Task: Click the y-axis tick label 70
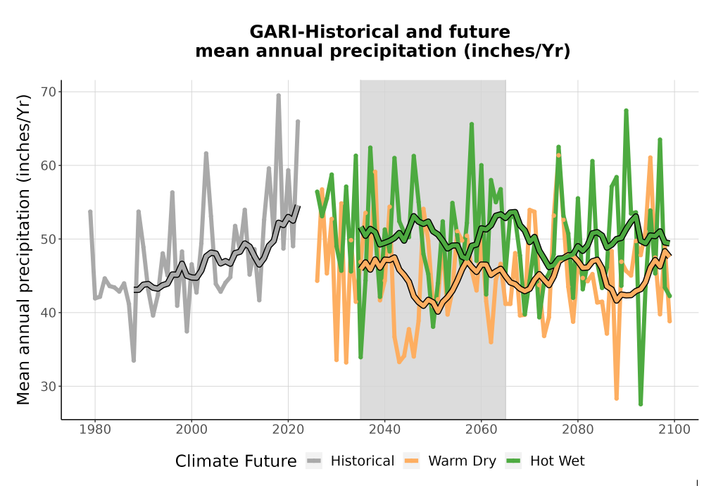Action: click(49, 92)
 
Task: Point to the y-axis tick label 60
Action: click(49, 166)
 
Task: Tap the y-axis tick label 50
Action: click(49, 239)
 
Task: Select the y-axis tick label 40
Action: click(49, 313)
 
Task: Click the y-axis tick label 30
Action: click(49, 386)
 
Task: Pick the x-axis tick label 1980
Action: click(95, 430)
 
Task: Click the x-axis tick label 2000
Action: click(191, 430)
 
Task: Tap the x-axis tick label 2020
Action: click(288, 430)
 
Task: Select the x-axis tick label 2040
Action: click(384, 430)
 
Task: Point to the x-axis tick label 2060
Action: click(481, 430)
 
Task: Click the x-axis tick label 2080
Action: click(577, 430)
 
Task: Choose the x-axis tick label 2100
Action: click(674, 430)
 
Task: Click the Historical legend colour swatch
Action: click(314, 461)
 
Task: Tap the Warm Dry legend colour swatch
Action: click(411, 461)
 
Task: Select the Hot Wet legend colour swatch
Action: click(513, 461)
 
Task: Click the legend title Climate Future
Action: click(236, 461)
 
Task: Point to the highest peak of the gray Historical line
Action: click(278, 95)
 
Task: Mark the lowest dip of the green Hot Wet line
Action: click(641, 404)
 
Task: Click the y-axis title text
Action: click(23, 249)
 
